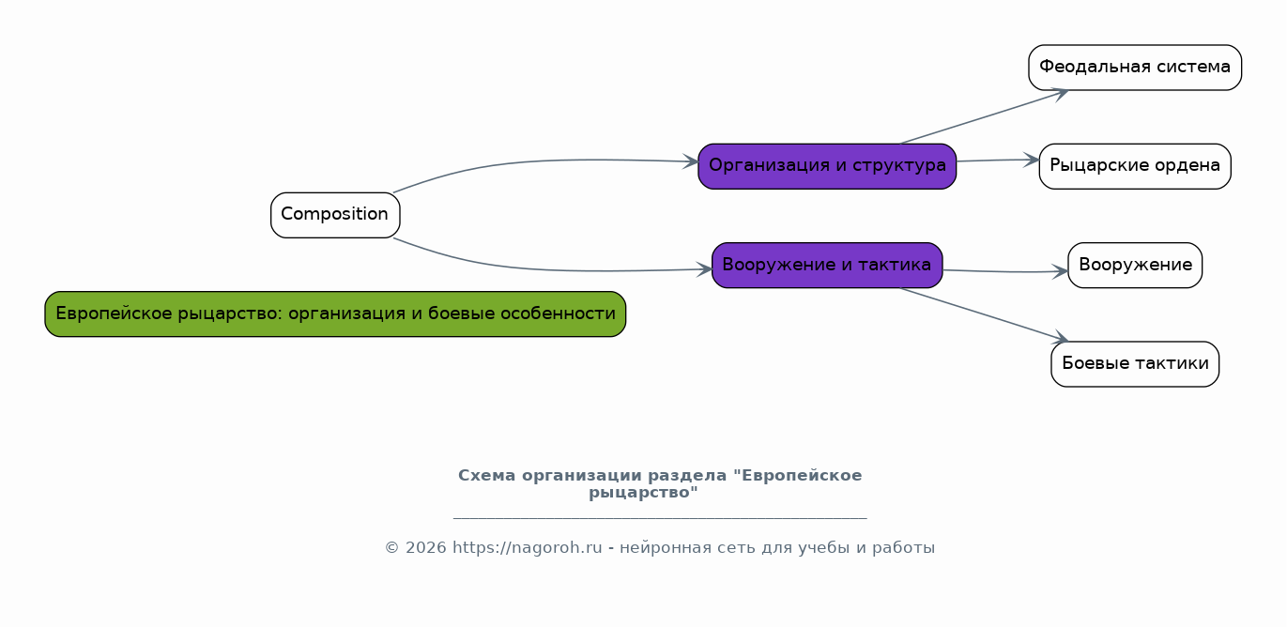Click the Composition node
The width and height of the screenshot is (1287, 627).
(335, 215)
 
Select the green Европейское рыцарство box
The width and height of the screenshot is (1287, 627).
(335, 313)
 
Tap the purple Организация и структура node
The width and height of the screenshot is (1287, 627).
(827, 166)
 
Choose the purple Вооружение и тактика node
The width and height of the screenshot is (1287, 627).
(827, 265)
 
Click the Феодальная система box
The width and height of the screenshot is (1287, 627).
(1135, 68)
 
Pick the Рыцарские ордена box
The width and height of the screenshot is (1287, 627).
(1135, 166)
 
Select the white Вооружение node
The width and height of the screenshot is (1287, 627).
(1135, 265)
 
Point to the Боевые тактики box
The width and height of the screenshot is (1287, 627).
(1135, 364)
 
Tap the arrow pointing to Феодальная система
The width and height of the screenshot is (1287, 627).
(984, 117)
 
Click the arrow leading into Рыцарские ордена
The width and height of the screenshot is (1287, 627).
(998, 161)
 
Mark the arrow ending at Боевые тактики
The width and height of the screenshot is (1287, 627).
(984, 313)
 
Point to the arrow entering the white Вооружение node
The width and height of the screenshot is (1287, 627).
(1005, 271)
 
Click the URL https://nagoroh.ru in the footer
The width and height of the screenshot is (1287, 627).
(527, 548)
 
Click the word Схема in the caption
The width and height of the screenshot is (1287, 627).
(486, 476)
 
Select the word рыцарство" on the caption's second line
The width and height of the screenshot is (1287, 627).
(644, 493)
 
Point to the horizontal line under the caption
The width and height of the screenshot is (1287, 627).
(660, 518)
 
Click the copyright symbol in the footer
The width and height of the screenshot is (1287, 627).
(391, 548)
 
